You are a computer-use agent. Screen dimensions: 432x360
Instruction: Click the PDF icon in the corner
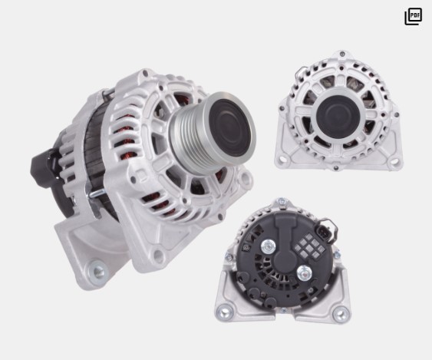413,16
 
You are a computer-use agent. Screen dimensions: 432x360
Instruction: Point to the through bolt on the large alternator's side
95,193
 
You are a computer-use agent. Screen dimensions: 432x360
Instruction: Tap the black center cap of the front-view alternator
338,114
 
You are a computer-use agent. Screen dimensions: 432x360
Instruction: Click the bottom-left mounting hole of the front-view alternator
282,160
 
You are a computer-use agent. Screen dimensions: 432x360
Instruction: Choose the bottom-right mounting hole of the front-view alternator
394,160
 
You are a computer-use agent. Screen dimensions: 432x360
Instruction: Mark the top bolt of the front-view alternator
342,54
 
